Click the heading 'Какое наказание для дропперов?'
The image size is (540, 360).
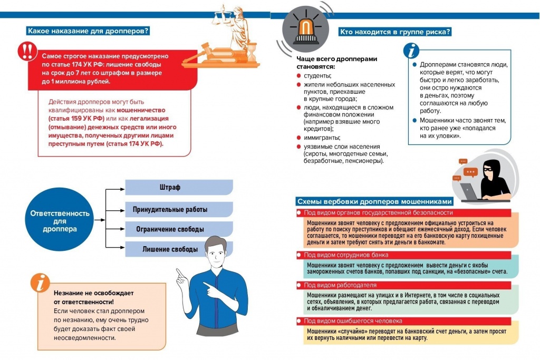89,31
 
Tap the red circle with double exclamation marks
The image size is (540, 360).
25,51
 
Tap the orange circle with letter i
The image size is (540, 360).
40,283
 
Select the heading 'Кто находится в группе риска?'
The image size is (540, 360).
395,32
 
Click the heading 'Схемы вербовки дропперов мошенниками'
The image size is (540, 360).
374,201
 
